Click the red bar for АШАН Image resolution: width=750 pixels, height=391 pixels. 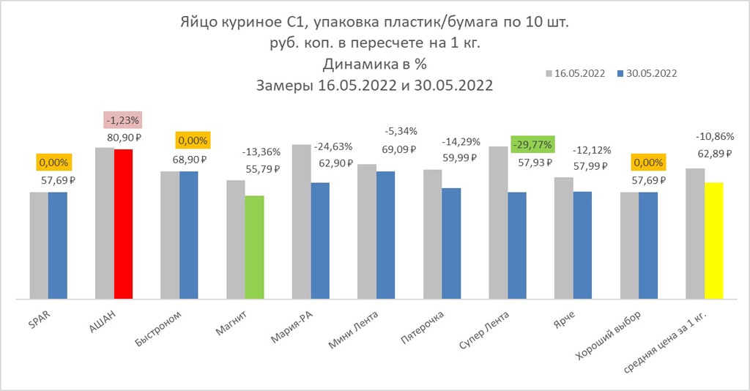pyautogui.click(x=123, y=223)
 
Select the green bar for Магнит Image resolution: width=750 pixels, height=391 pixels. pyautogui.click(x=254, y=247)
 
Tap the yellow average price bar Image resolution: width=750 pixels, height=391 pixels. pyautogui.click(x=713, y=240)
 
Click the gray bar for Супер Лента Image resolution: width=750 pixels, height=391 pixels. pyautogui.click(x=497, y=223)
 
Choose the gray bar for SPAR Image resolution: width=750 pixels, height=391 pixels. pyautogui.click(x=39, y=245)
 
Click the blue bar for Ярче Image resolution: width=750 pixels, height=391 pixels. pyautogui.click(x=582, y=245)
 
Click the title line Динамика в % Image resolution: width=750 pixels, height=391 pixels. pyautogui.click(x=374, y=64)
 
